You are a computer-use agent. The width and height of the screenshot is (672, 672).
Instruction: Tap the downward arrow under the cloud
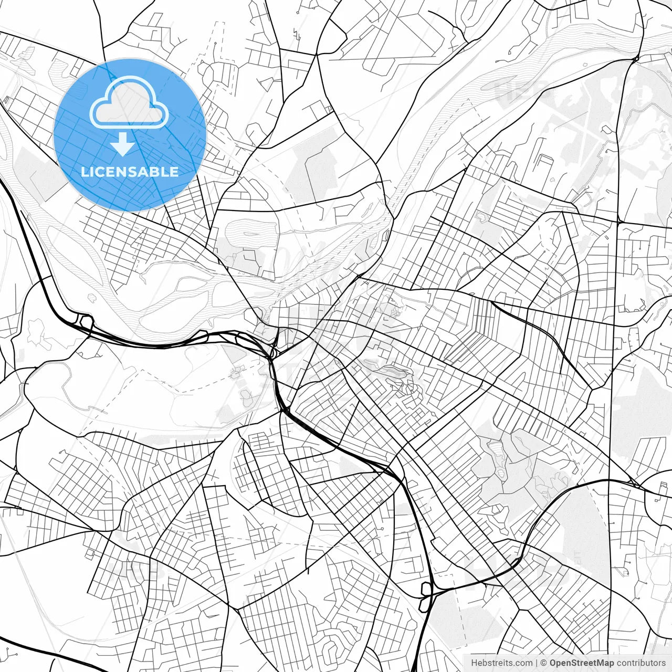coord(123,145)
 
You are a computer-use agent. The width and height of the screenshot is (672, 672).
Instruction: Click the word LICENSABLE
coord(130,172)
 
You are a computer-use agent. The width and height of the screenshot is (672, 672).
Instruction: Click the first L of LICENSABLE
coord(85,172)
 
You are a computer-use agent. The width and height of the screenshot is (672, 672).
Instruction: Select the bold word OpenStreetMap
coord(582,663)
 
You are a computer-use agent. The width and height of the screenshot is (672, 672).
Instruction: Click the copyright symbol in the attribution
coord(544,663)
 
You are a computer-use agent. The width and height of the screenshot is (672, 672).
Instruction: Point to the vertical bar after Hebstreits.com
coord(537,663)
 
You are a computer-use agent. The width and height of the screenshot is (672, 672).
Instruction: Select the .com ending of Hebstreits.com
coord(523,663)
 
